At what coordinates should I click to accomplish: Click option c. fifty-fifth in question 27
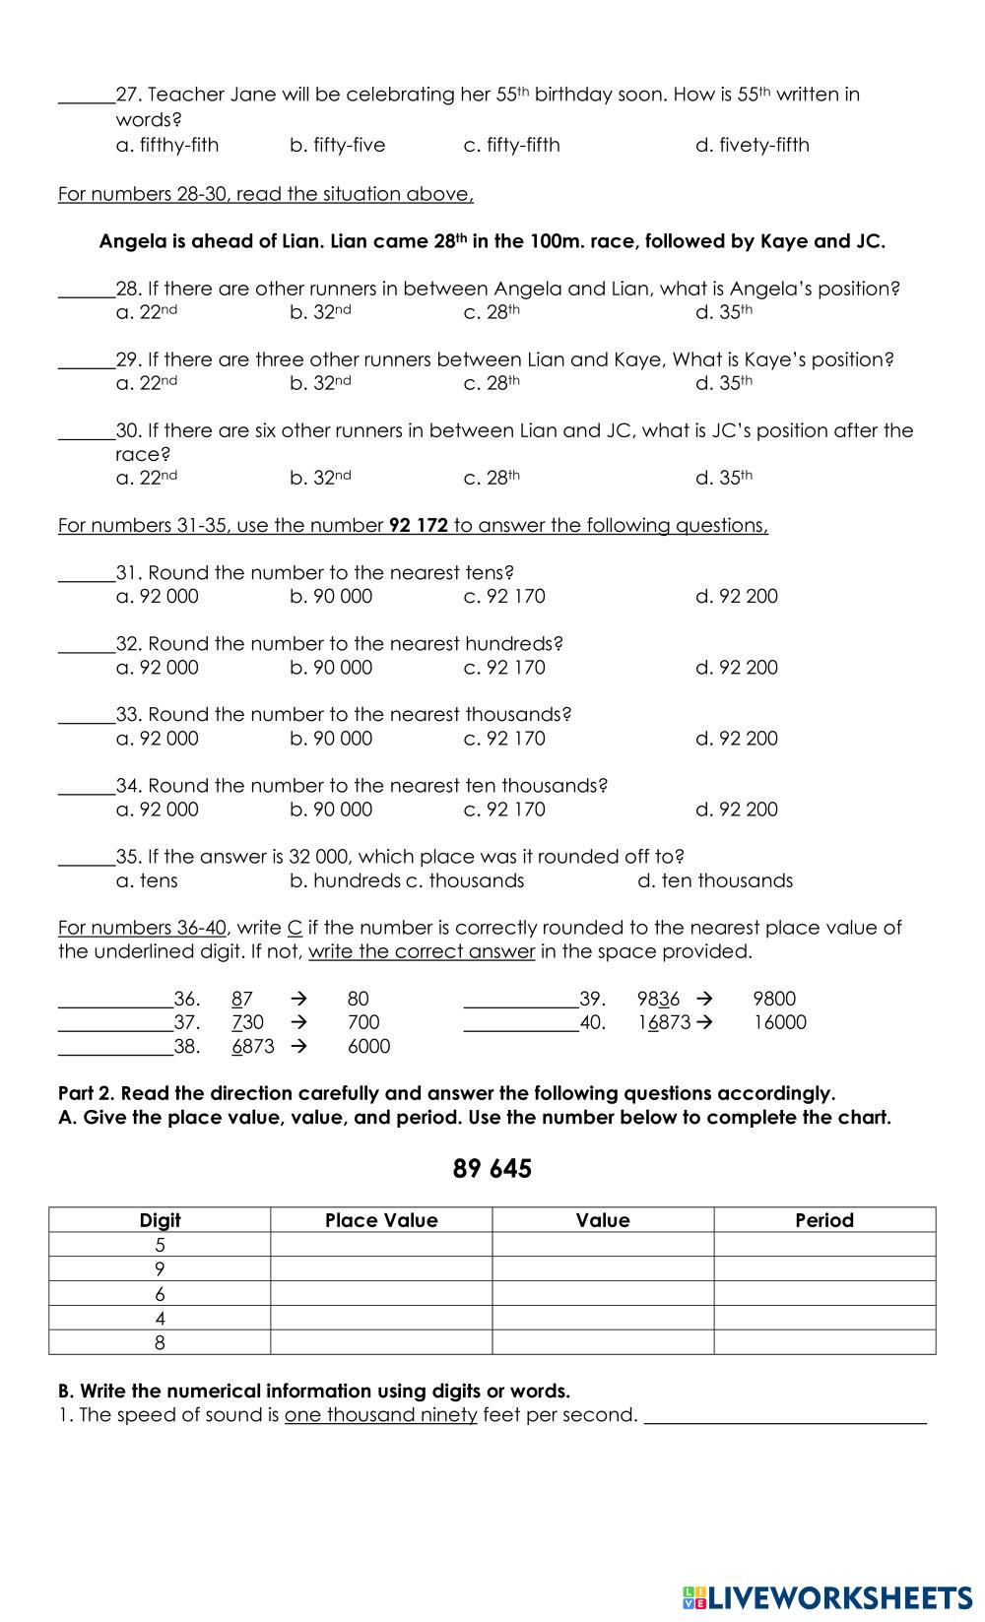511,146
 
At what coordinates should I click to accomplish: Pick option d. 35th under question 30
724,479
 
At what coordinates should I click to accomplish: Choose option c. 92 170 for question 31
504,597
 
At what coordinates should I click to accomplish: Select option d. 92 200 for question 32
737,668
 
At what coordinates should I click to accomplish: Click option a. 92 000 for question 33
158,739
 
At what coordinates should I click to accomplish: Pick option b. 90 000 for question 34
331,810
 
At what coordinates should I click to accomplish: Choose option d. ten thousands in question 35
715,880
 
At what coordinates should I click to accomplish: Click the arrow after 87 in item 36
298,999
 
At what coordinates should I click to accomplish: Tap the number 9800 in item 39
774,999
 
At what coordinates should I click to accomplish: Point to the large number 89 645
492,1169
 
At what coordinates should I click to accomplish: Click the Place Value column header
381,1220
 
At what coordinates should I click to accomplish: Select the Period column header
824,1220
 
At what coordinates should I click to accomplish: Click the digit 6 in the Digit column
160,1294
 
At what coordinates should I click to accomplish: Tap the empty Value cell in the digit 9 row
603,1269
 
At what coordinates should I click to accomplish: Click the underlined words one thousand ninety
381,1415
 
